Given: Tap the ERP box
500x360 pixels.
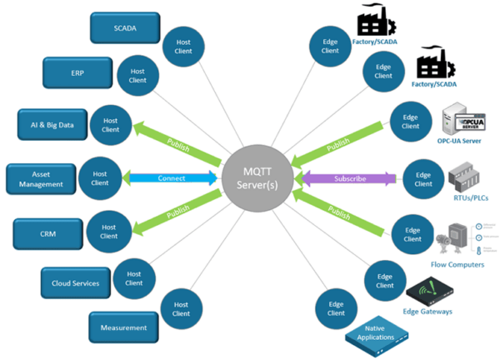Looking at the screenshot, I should point(76,73).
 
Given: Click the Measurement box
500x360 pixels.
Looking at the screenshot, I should point(123,327).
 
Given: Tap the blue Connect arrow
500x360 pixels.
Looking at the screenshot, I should point(171,177).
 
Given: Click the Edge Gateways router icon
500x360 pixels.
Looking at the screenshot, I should point(428,292).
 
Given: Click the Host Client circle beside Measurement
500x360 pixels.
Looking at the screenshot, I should point(182,309).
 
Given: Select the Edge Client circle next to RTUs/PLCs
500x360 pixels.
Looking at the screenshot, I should point(422,178).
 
